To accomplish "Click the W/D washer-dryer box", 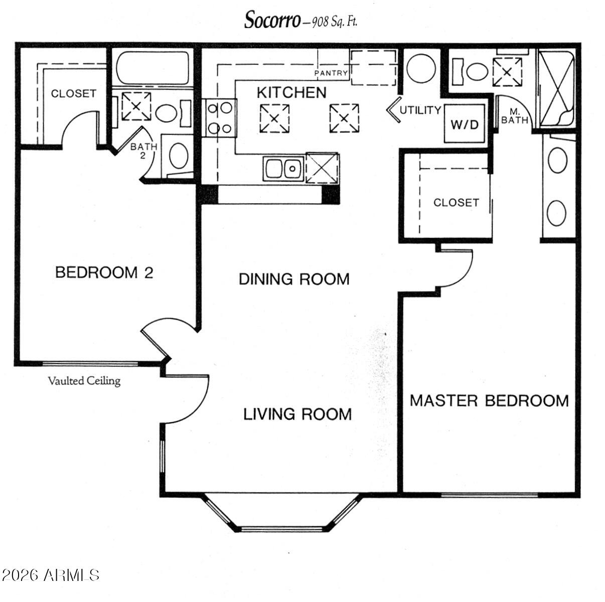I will tap(465, 124).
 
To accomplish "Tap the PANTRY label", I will tap(331, 73).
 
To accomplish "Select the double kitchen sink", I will tap(283, 169).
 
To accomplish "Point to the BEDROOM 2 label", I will tap(104, 273).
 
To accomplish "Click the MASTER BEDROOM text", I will tap(489, 401).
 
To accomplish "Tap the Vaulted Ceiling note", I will tap(84, 381).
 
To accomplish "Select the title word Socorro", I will tap(272, 20).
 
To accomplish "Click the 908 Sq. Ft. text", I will tap(335, 22).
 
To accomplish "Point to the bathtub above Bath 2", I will tap(153, 67).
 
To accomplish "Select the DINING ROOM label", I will tap(294, 279).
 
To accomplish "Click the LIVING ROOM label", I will tap(297, 414).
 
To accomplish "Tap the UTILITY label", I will tap(420, 110).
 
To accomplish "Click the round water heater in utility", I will tap(421, 68).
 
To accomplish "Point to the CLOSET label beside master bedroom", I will tap(456, 203).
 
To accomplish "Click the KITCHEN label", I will tap(291, 92).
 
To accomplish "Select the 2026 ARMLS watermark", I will tap(50, 575).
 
